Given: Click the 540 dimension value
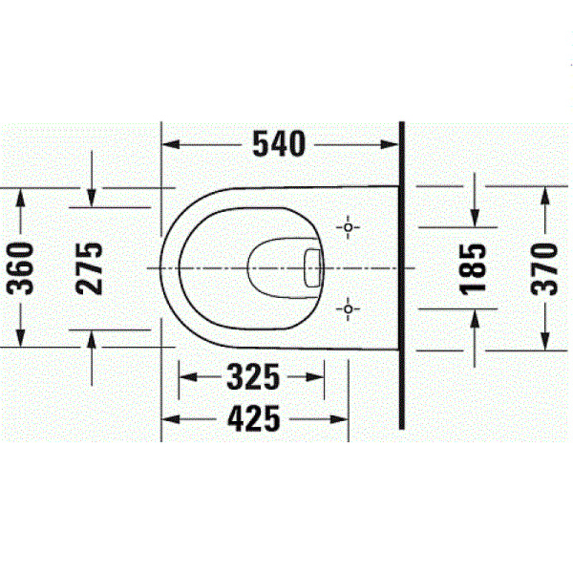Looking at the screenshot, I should tap(279, 143).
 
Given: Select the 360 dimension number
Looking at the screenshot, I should tap(25, 267).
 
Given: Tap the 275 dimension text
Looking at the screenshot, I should tap(91, 267).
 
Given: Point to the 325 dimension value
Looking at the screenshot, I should tap(252, 378).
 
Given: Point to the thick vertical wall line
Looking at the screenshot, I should tap(403, 277).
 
